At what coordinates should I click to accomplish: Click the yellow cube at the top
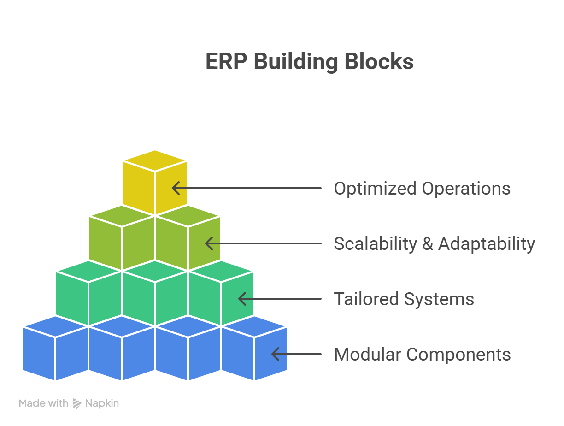coord(155,182)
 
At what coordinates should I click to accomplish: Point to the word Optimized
coord(375,189)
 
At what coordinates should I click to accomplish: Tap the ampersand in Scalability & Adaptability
coord(427,243)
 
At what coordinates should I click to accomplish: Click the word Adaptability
coord(486,243)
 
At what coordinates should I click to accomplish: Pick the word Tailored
coord(366,299)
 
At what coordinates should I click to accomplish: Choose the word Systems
coord(439,299)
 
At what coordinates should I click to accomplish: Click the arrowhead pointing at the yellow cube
coord(175,188)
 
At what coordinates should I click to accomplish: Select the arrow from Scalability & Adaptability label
coord(263,243)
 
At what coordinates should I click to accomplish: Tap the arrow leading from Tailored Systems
coord(279,299)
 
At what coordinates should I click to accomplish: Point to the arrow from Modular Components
coord(296,355)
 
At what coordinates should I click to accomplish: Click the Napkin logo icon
coord(77,404)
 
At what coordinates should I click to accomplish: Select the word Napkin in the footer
coord(102,403)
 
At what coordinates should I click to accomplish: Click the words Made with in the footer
coord(44,403)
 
